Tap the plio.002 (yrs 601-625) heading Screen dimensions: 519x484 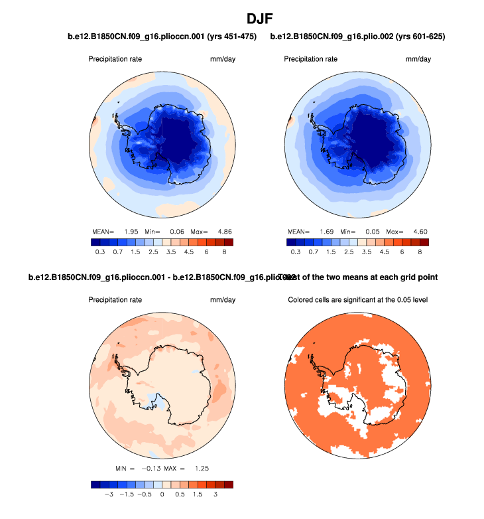pos(357,37)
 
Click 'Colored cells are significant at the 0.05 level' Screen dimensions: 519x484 pos(357,300)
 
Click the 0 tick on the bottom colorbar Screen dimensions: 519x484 pos(162,495)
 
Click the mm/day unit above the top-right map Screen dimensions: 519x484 pos(418,59)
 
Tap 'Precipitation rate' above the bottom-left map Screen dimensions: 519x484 pos(115,300)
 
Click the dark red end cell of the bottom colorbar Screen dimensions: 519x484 pos(229,485)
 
